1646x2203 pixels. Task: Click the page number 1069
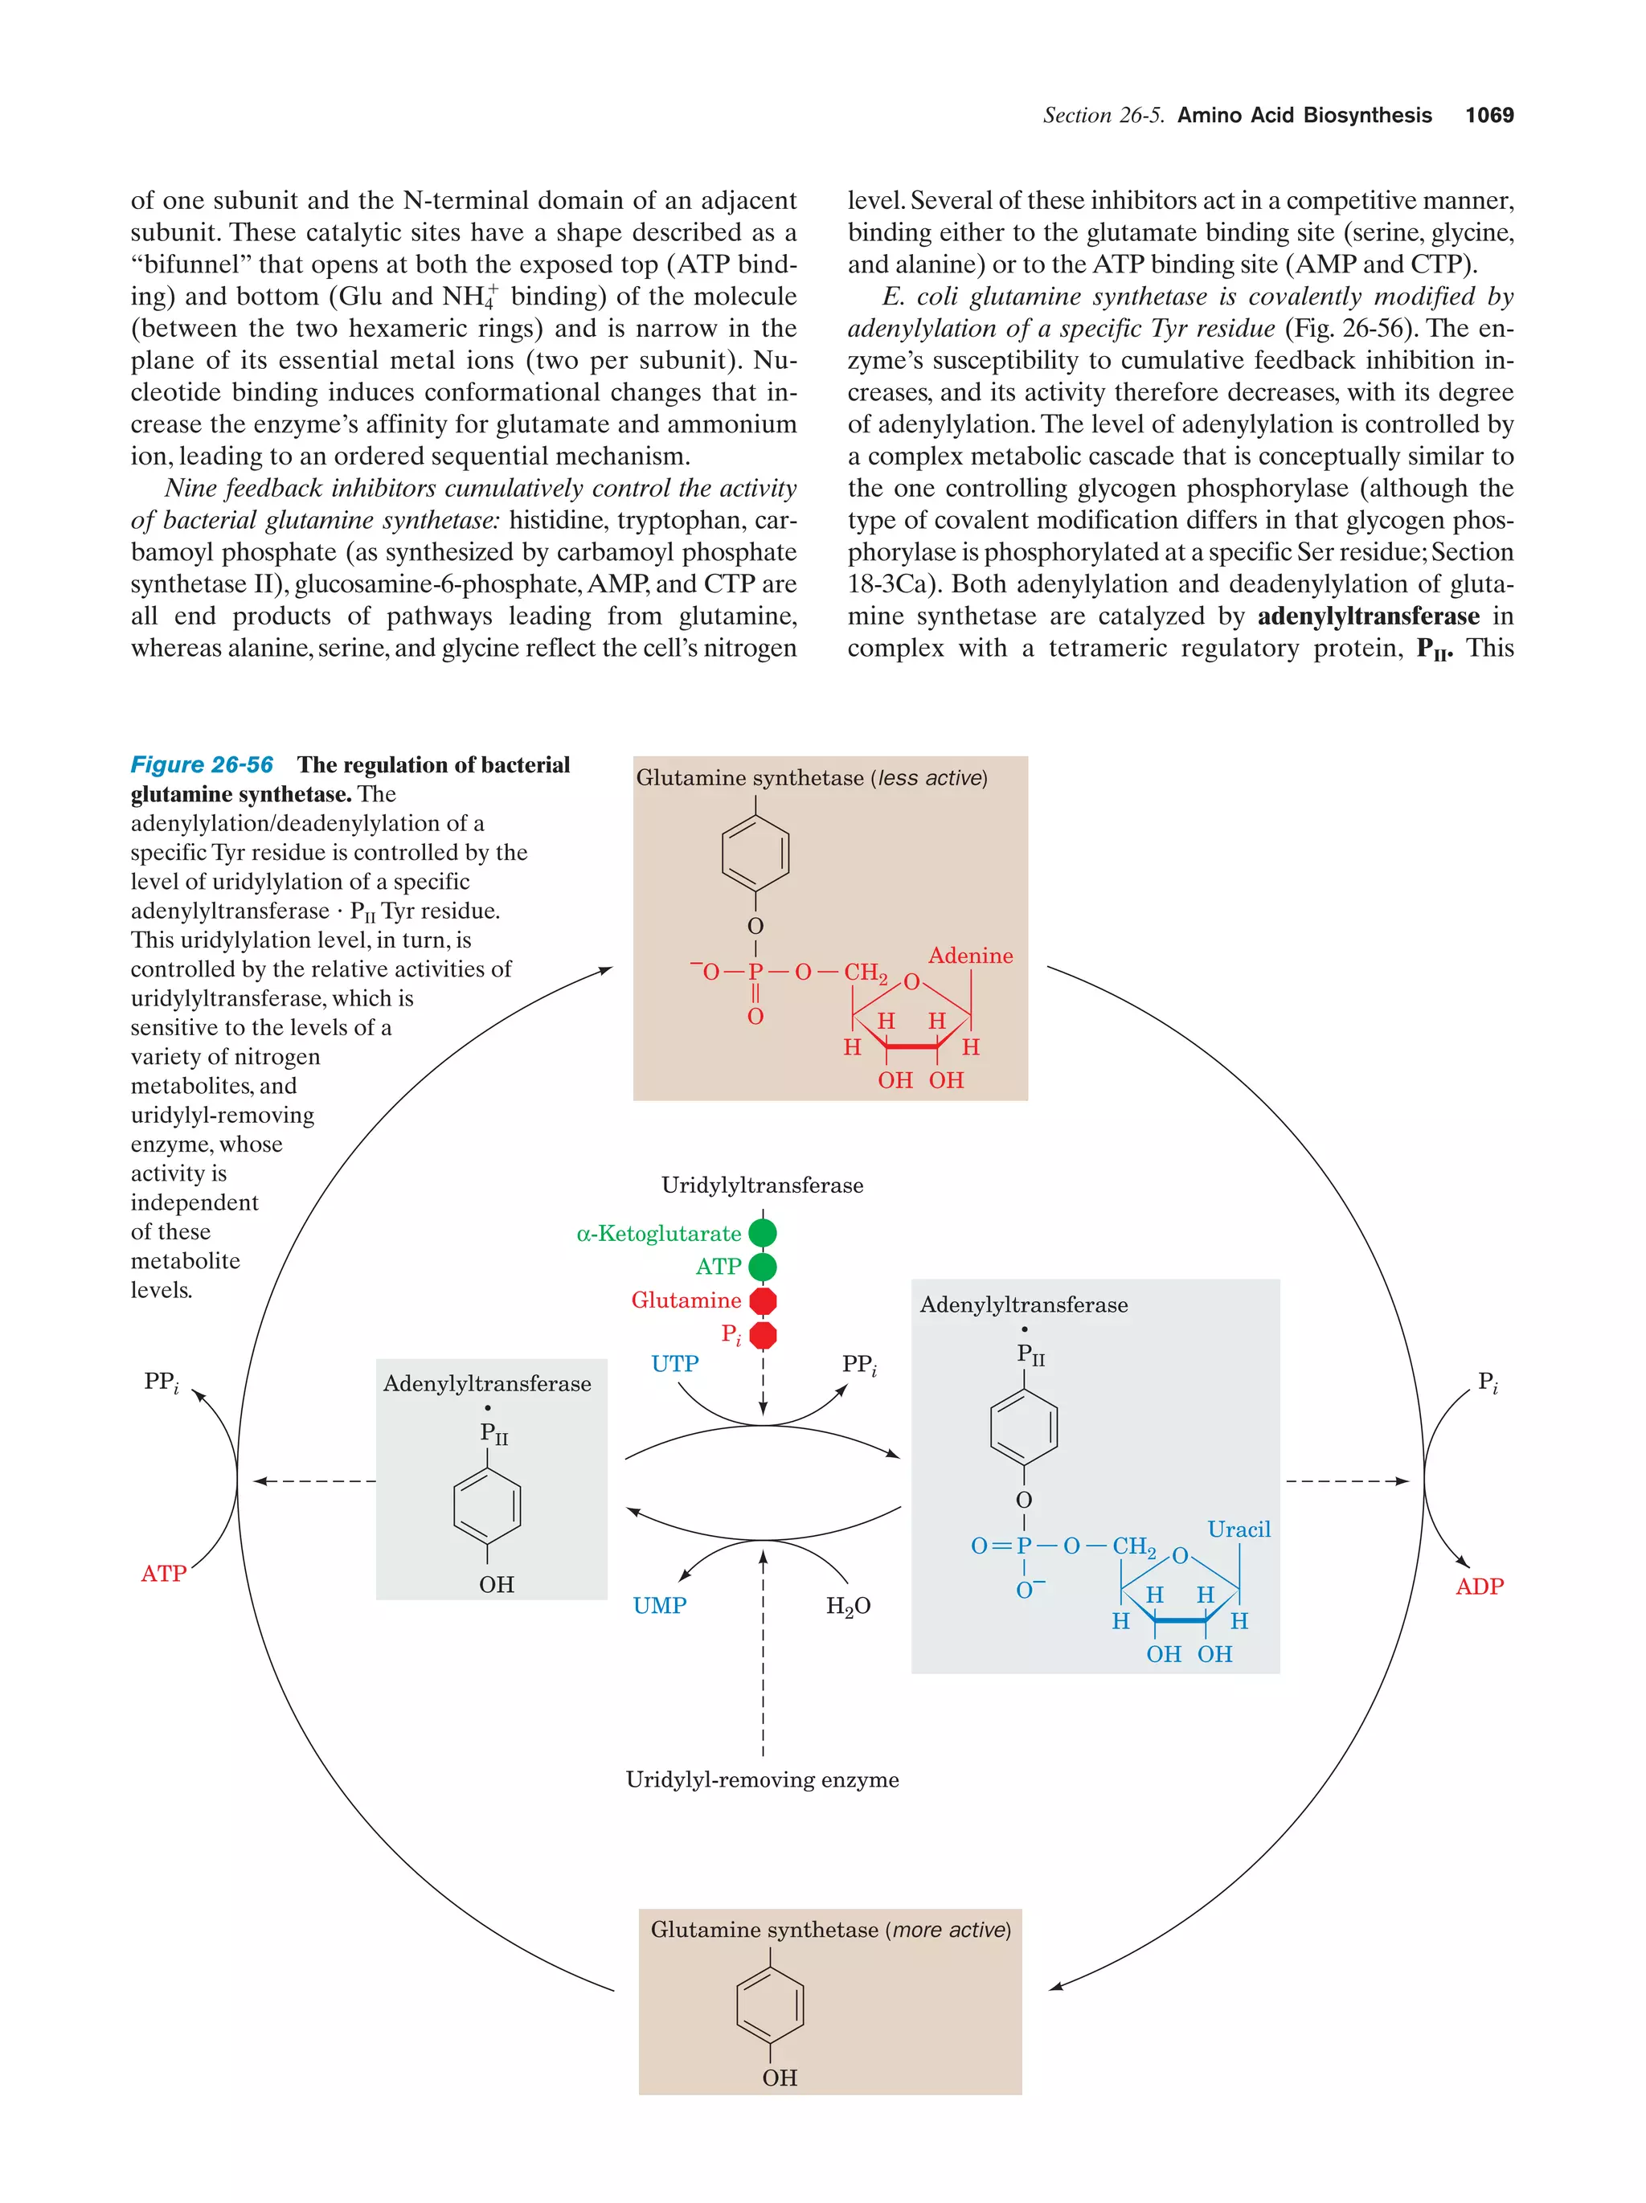1488,116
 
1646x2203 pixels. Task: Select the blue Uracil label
1238,1529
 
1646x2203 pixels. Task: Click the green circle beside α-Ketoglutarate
762,1233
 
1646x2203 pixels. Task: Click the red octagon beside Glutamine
763,1300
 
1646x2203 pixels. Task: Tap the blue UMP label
659,1606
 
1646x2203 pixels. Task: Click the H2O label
847,1606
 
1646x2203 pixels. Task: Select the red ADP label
1479,1587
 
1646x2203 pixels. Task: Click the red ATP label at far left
163,1574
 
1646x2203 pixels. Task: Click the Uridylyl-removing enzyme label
762,1779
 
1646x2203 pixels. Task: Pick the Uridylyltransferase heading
762,1185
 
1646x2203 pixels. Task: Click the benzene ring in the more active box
770,2003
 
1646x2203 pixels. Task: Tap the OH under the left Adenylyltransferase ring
496,1584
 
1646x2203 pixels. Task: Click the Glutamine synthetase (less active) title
812,778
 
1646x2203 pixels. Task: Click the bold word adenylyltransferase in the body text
1367,616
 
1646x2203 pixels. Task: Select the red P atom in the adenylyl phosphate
755,972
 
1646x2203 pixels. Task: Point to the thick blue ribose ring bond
1179,1620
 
